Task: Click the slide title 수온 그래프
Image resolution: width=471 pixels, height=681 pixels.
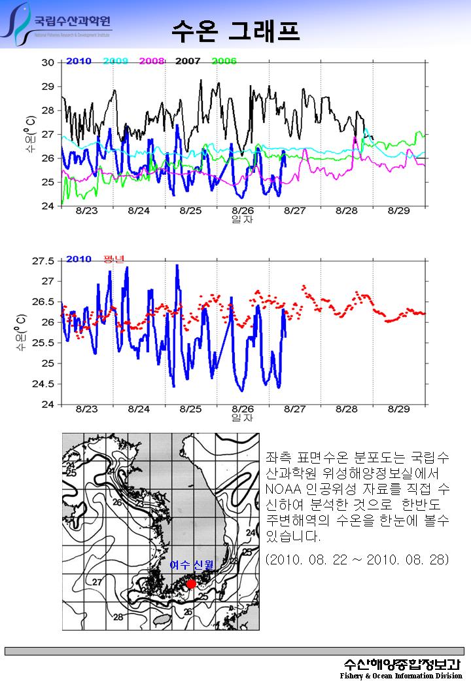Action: (235, 29)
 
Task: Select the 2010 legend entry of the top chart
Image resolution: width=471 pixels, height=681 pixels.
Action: (78, 61)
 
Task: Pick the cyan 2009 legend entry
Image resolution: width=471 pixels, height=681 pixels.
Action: (115, 61)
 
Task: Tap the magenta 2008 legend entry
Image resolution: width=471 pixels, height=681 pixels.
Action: (152, 61)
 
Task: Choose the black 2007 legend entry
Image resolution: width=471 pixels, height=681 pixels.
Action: (188, 61)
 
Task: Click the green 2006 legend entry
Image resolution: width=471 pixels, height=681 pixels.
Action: (224, 61)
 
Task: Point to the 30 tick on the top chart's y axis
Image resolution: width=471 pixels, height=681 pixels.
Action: (48, 63)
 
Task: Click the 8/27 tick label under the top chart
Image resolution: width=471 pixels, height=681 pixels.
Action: (295, 211)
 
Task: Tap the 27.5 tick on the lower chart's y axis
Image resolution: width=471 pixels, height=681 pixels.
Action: (44, 261)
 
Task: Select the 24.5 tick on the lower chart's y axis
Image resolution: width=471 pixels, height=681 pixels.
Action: (44, 384)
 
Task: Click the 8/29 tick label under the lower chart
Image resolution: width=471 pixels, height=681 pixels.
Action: (398, 409)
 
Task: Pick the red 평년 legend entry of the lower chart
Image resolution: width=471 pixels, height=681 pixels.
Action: (114, 259)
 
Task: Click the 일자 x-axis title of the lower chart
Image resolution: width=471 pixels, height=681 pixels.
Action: (242, 417)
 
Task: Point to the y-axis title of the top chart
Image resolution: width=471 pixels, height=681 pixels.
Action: (30, 134)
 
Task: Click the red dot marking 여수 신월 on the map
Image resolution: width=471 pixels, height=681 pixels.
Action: (191, 583)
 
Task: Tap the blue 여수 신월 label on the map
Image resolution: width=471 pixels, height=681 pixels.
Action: (192, 565)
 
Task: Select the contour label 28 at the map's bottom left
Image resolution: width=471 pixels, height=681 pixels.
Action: (119, 617)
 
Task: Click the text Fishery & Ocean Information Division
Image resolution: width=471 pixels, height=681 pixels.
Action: (401, 675)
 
